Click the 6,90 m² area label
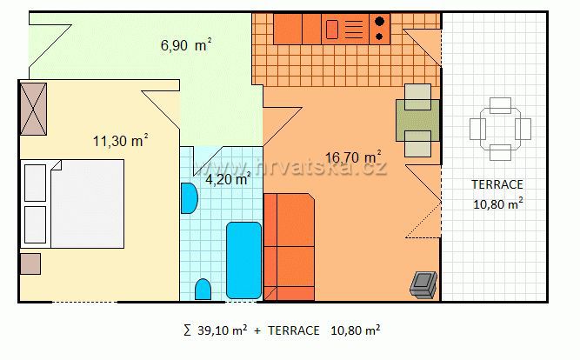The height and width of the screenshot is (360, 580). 186,45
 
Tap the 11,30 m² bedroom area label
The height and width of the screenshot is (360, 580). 121,141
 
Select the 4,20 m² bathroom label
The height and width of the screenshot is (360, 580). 228,179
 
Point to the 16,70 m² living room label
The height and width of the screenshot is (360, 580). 353,157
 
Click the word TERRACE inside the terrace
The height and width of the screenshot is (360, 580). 497,184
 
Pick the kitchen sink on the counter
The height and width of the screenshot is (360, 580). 332,30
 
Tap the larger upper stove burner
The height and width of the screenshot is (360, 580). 379,22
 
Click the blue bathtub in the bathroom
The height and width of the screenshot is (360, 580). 243,260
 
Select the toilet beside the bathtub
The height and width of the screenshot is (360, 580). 203,290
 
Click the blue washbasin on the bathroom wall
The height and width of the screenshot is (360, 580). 189,198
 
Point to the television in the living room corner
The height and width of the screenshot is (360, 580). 423,284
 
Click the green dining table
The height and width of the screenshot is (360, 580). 418,120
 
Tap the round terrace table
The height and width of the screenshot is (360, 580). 501,129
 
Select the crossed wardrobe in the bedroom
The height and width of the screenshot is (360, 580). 33,109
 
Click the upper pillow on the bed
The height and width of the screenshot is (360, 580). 35,183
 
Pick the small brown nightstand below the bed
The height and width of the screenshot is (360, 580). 30,263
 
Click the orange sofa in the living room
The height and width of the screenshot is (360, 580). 289,247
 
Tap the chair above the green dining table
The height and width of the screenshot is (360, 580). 417,97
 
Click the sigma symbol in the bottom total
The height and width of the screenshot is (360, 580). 188,330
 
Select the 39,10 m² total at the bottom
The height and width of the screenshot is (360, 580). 223,330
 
